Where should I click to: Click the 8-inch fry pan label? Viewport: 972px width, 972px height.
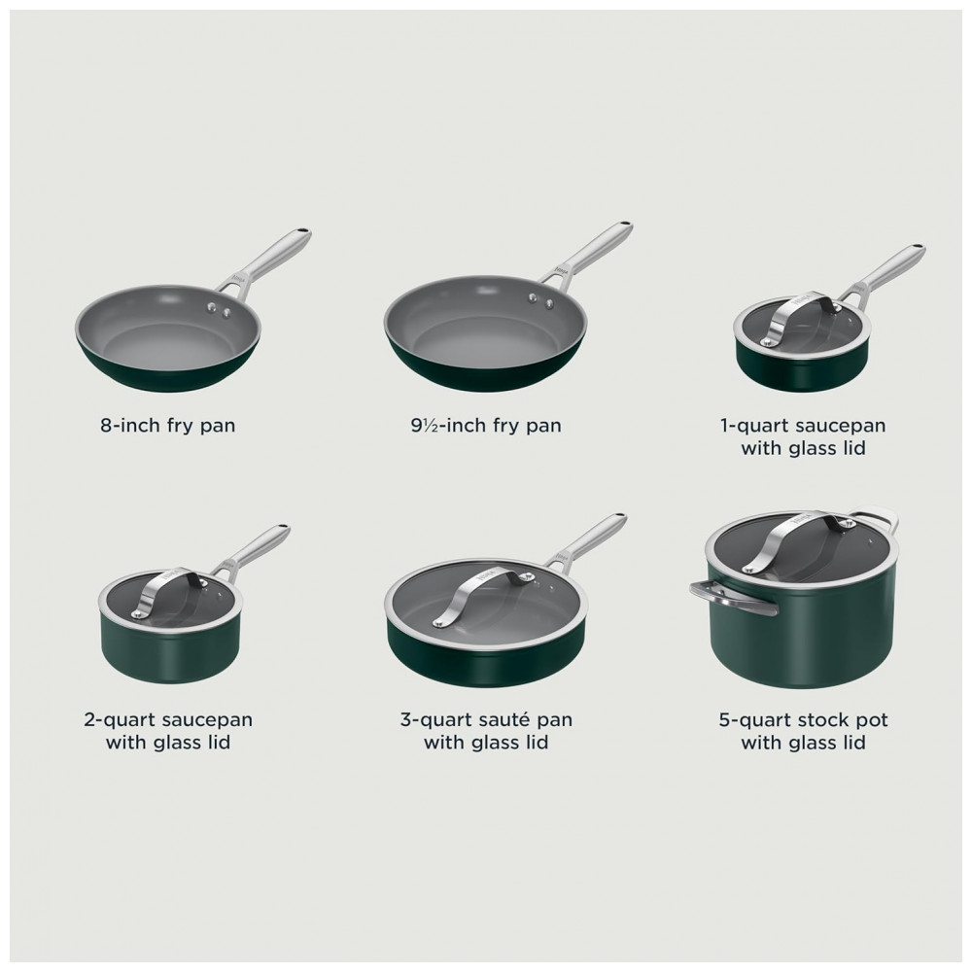tap(168, 426)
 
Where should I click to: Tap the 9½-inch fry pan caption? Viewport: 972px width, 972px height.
tap(486, 426)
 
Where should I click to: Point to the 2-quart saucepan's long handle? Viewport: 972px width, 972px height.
tap(251, 550)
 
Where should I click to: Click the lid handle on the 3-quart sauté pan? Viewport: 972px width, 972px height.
tap(483, 592)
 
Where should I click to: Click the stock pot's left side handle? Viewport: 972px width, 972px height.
tap(732, 598)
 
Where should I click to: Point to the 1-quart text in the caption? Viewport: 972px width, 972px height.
tap(753, 427)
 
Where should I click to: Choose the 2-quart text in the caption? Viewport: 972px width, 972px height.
tap(119, 721)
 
